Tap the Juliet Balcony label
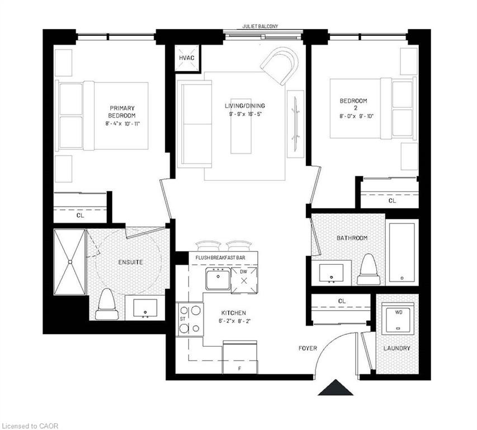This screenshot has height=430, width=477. [261, 26]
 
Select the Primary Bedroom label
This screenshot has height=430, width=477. [122, 111]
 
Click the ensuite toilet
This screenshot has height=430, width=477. [106, 304]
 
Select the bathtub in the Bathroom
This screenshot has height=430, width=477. [403, 252]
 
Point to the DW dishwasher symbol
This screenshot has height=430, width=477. [244, 278]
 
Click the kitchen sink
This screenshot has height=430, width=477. [218, 278]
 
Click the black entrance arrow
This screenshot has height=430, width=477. [336, 387]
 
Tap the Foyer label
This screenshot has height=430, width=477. [308, 348]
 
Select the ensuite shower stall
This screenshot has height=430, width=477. [70, 261]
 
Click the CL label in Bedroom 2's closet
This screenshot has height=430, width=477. [392, 200]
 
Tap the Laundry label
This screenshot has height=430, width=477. [397, 348]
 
